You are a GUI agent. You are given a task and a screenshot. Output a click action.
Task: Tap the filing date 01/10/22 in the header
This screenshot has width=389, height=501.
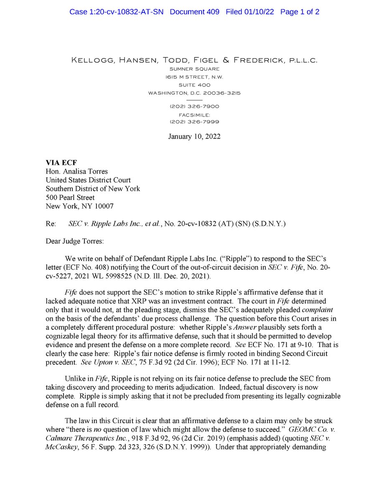pyautogui.click(x=259, y=12)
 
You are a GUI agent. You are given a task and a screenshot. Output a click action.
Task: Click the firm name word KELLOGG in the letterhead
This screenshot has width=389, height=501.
pyautogui.click(x=93, y=61)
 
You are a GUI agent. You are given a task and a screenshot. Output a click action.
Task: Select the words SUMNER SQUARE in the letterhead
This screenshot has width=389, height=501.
pyautogui.click(x=194, y=69)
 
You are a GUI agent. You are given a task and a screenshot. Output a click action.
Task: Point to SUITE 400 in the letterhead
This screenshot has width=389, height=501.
pyautogui.click(x=194, y=85)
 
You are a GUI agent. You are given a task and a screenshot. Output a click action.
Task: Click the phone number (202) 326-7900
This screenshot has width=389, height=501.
pyautogui.click(x=194, y=106)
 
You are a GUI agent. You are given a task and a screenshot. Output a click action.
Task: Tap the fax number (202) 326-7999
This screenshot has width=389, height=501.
pyautogui.click(x=194, y=122)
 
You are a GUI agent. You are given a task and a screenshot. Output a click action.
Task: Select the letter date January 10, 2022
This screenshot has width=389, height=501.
pyautogui.click(x=194, y=137)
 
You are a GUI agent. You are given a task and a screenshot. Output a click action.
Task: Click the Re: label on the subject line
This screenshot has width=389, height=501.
pyautogui.click(x=50, y=224)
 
